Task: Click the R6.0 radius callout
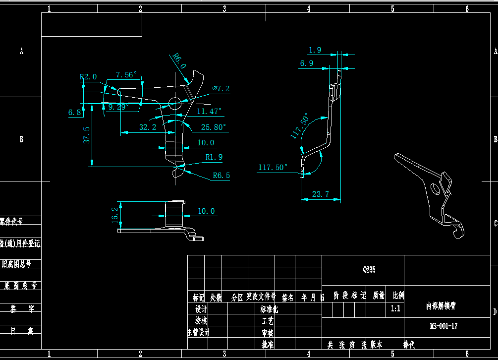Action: coord(179,61)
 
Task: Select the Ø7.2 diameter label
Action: coord(221,88)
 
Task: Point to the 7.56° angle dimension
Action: coord(126,75)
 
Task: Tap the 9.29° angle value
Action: coord(118,106)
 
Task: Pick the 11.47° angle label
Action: coord(209,111)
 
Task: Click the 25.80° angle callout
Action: coord(213,127)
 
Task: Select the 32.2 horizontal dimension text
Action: coord(148,127)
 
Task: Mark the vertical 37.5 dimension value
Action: coord(87,135)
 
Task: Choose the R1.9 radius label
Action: coord(214,157)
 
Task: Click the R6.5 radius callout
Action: coord(221,175)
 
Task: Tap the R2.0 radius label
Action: coord(88,77)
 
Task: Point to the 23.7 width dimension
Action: coord(321,194)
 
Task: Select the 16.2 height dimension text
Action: coord(115,215)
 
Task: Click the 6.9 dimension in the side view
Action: coord(307,63)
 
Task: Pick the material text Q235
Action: coord(369,270)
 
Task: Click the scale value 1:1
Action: coord(395,308)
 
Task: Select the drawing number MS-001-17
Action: coord(443,326)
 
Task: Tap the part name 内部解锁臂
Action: coord(441,306)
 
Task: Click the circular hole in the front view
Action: coord(175,103)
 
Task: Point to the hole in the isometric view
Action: coord(435,188)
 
